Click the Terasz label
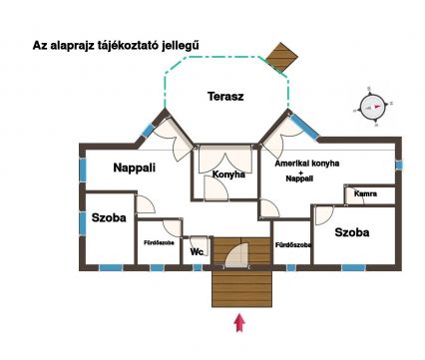tap(225, 97)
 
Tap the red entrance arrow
tap(239, 322)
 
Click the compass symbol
tap(372, 107)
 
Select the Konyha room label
tap(228, 175)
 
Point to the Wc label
tap(197, 251)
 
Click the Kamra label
tap(365, 193)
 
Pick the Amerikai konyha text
tap(307, 164)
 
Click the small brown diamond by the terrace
tap(282, 57)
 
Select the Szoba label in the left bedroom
tap(109, 217)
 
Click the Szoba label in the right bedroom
tap(352, 232)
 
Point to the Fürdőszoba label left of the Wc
tap(159, 242)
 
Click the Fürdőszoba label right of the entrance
tap(293, 245)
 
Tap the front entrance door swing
tap(236, 255)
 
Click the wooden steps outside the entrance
tap(241, 288)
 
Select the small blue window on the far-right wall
tap(399, 165)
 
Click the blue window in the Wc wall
tap(198, 267)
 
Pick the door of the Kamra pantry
tap(354, 196)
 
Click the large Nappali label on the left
tap(134, 168)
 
